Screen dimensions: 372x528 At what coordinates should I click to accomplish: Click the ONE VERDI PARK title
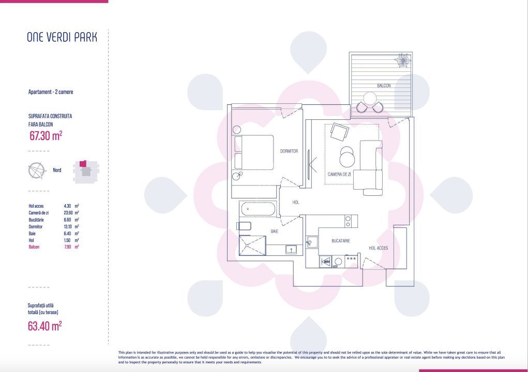62,37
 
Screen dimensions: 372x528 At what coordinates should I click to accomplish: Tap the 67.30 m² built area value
46,136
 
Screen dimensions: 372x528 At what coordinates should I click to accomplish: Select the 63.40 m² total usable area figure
45,326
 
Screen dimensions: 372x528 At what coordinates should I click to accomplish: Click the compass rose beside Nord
37,170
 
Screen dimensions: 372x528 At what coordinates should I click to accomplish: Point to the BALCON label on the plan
384,86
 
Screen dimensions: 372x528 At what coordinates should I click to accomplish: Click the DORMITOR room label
289,151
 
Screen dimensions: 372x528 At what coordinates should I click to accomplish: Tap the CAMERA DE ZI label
339,175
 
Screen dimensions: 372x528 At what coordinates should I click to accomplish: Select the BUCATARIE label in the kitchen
341,241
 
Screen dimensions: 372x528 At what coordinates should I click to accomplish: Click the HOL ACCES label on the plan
378,248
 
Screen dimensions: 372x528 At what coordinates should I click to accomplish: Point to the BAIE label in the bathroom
275,231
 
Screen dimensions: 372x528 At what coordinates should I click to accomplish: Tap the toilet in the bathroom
244,226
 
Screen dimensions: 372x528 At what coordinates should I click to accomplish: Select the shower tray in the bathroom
252,244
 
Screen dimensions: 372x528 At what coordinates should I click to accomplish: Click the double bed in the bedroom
253,152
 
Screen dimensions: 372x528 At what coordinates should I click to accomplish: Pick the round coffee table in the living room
348,155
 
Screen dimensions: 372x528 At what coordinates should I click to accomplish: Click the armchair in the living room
340,132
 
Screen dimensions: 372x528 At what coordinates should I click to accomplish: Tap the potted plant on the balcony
402,60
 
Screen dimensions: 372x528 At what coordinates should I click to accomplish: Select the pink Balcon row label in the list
34,247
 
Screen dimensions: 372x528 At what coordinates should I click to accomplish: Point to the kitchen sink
311,242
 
